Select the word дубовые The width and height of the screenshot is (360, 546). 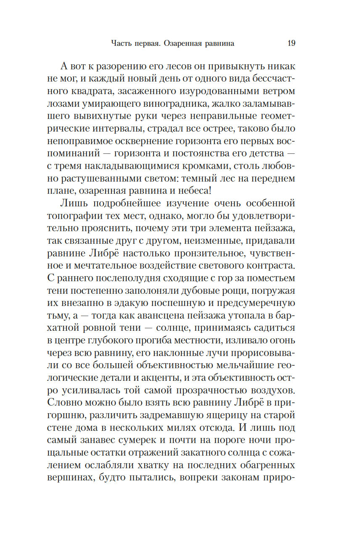[227, 291]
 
